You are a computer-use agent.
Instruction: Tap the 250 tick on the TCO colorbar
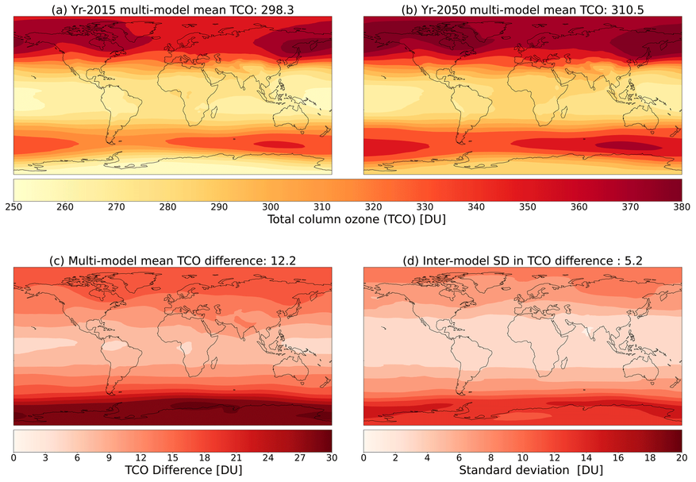14,206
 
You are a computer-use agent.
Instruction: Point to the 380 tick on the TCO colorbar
681,206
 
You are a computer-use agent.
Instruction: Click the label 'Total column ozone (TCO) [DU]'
348,220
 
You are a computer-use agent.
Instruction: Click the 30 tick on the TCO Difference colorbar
331,457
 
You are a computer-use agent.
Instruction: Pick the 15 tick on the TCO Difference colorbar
173,457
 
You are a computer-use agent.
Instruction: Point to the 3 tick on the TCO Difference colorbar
46,457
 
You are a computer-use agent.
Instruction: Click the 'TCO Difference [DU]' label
173,471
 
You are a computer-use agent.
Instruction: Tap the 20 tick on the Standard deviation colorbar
680,457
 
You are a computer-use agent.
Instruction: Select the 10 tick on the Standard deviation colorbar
522,457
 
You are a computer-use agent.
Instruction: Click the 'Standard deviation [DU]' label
522,471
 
